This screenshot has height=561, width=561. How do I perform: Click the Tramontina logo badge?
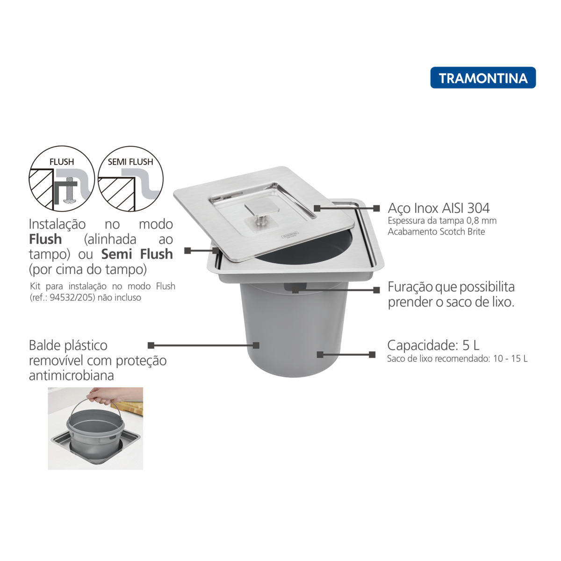click(x=482, y=78)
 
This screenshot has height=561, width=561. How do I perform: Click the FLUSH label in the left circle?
click(x=61, y=162)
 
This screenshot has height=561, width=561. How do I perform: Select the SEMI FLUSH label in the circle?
click(x=130, y=162)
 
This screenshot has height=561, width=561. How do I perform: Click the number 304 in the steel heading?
click(x=478, y=208)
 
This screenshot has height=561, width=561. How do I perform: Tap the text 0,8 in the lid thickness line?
click(x=473, y=221)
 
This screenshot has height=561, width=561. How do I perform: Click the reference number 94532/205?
click(x=72, y=297)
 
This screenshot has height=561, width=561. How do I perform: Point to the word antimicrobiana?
click(x=72, y=375)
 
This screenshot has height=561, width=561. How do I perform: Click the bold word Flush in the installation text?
click(x=45, y=239)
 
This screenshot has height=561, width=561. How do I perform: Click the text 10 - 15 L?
click(x=510, y=359)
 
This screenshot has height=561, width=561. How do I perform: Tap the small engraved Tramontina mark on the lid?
click(x=290, y=234)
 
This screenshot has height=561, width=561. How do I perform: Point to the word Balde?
click(x=45, y=345)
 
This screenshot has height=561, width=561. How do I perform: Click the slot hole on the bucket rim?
click(x=295, y=287)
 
